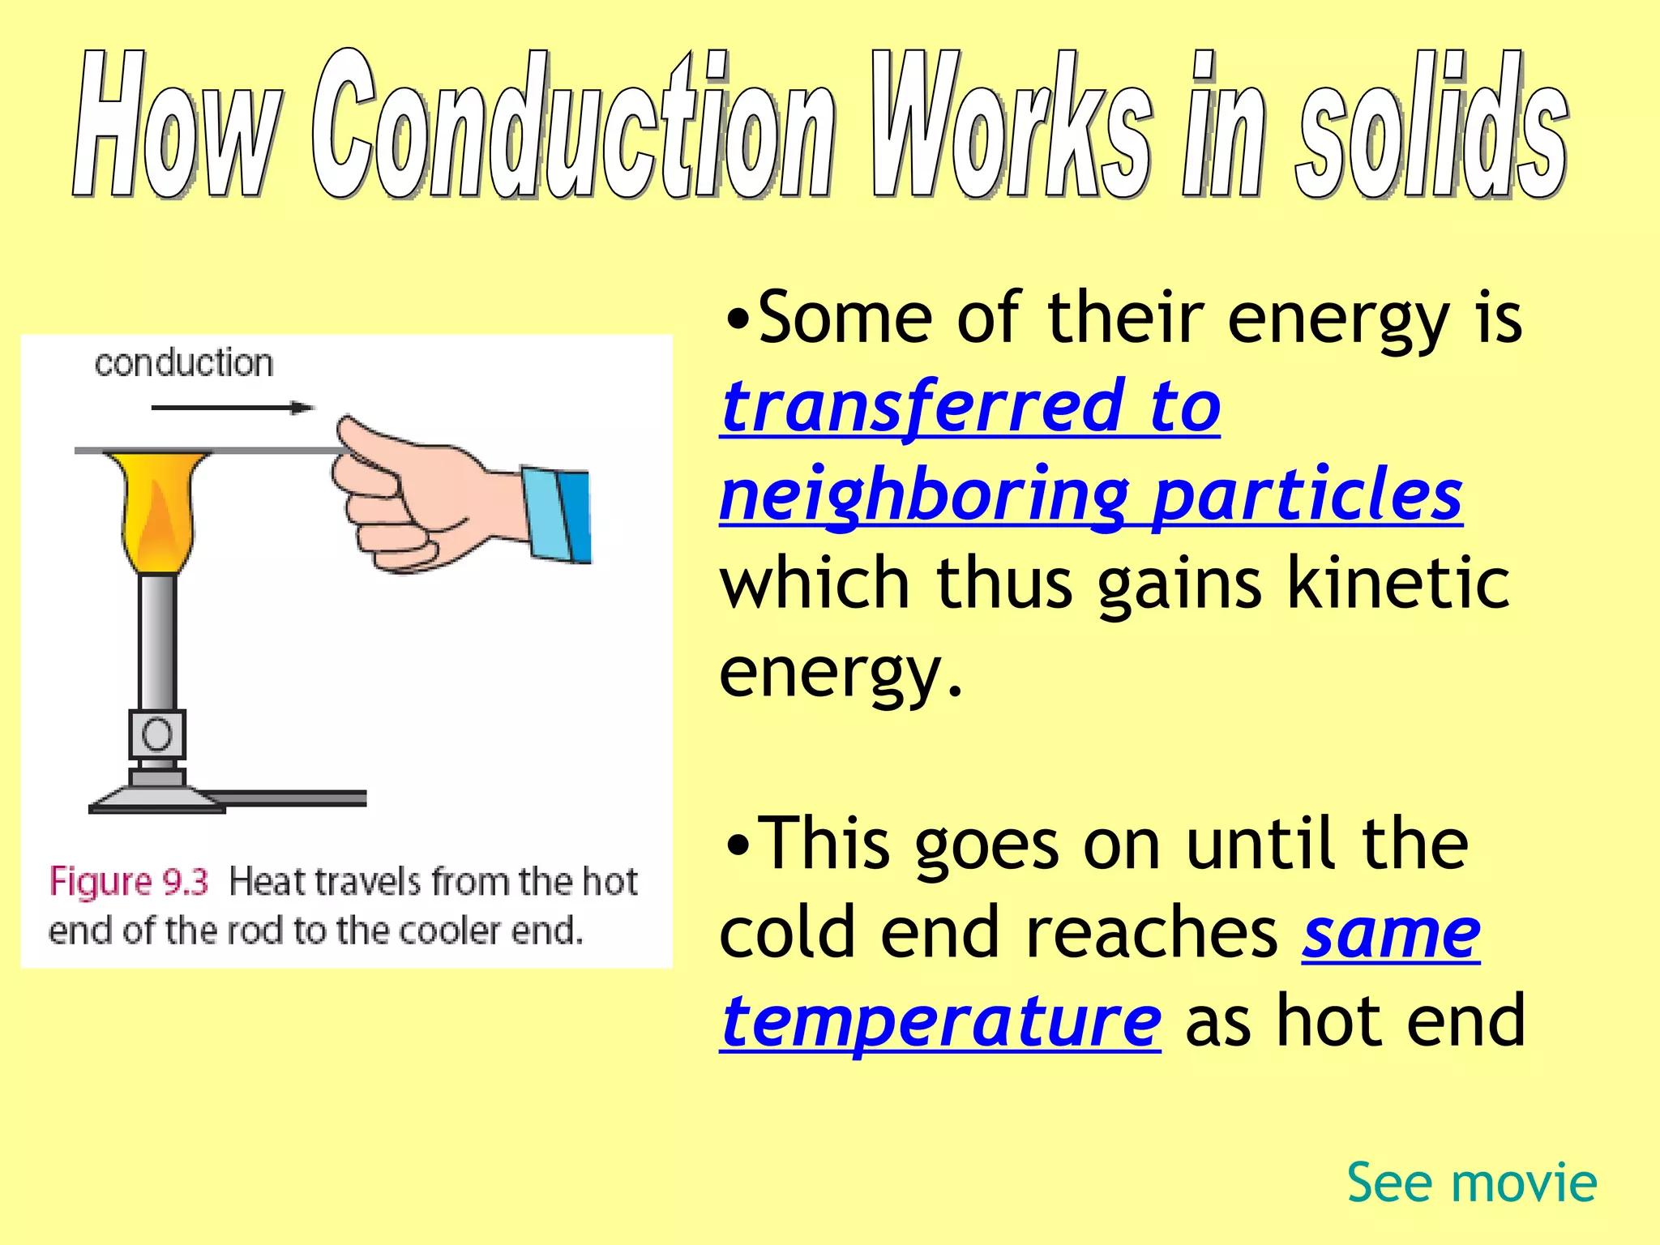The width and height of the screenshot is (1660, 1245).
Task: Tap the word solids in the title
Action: click(1431, 126)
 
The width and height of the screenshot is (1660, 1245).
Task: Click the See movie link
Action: click(1472, 1183)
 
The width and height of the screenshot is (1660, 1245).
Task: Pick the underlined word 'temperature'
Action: click(941, 1021)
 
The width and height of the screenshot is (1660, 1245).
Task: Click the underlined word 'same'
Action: click(1391, 934)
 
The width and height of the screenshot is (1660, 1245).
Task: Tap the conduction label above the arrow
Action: click(184, 363)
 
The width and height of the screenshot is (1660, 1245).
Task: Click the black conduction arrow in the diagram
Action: click(232, 407)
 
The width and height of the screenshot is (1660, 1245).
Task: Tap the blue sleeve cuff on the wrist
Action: click(557, 515)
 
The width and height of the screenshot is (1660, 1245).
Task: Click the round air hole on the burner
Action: click(157, 734)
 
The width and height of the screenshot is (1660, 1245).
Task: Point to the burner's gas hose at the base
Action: click(292, 798)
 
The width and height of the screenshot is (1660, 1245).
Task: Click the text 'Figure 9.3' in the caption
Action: click(129, 882)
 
